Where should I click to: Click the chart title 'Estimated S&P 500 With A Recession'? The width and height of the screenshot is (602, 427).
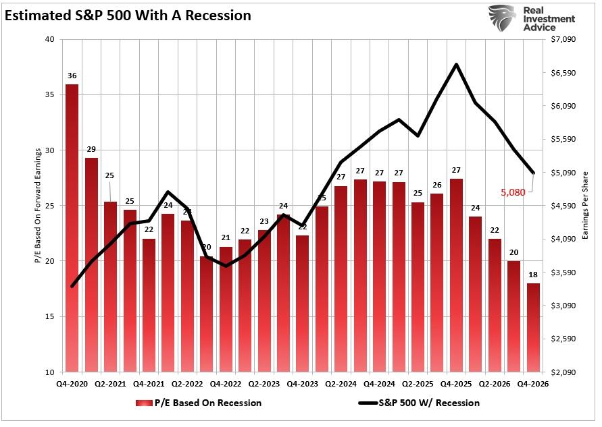(x=128, y=16)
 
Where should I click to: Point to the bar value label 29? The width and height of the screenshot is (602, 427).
(x=91, y=149)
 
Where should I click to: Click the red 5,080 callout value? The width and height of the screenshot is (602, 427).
(x=513, y=192)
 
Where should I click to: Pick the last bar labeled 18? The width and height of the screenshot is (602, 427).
(x=533, y=327)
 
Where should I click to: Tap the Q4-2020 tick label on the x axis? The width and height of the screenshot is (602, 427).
(x=71, y=384)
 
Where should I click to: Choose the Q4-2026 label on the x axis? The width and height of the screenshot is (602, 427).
(x=533, y=384)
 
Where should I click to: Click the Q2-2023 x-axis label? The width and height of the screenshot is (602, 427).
(x=264, y=384)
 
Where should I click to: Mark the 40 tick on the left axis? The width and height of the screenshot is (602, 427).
(x=50, y=39)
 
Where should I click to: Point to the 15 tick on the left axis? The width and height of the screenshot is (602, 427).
(x=50, y=316)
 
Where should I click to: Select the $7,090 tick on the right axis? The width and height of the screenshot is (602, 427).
(x=563, y=39)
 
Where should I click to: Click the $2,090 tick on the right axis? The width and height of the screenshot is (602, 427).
(x=563, y=372)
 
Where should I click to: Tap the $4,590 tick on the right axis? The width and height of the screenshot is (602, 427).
(x=563, y=206)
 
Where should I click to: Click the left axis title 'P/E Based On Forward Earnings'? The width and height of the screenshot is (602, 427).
(x=39, y=205)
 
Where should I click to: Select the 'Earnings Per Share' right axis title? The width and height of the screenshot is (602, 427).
(x=585, y=205)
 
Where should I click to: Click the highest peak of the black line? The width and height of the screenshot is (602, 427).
(x=457, y=65)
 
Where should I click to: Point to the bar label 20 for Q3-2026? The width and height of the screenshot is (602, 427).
(x=514, y=252)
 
